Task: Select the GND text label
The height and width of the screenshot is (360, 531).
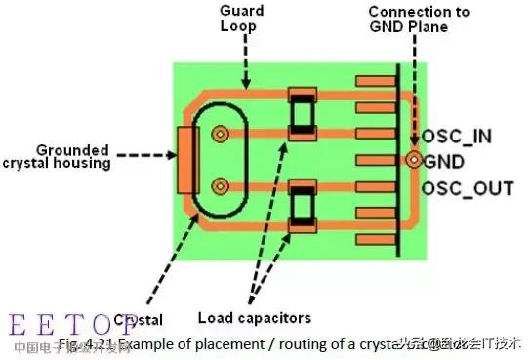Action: [445, 161]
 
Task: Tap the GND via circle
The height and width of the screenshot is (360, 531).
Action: [414, 159]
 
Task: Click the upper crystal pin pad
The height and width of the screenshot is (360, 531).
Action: [221, 134]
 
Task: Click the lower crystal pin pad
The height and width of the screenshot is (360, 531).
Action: [221, 185]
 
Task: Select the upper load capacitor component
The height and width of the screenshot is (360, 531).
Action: [302, 115]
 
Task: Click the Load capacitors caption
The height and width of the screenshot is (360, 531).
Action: [254, 317]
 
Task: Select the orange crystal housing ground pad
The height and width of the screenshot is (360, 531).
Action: [184, 159]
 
